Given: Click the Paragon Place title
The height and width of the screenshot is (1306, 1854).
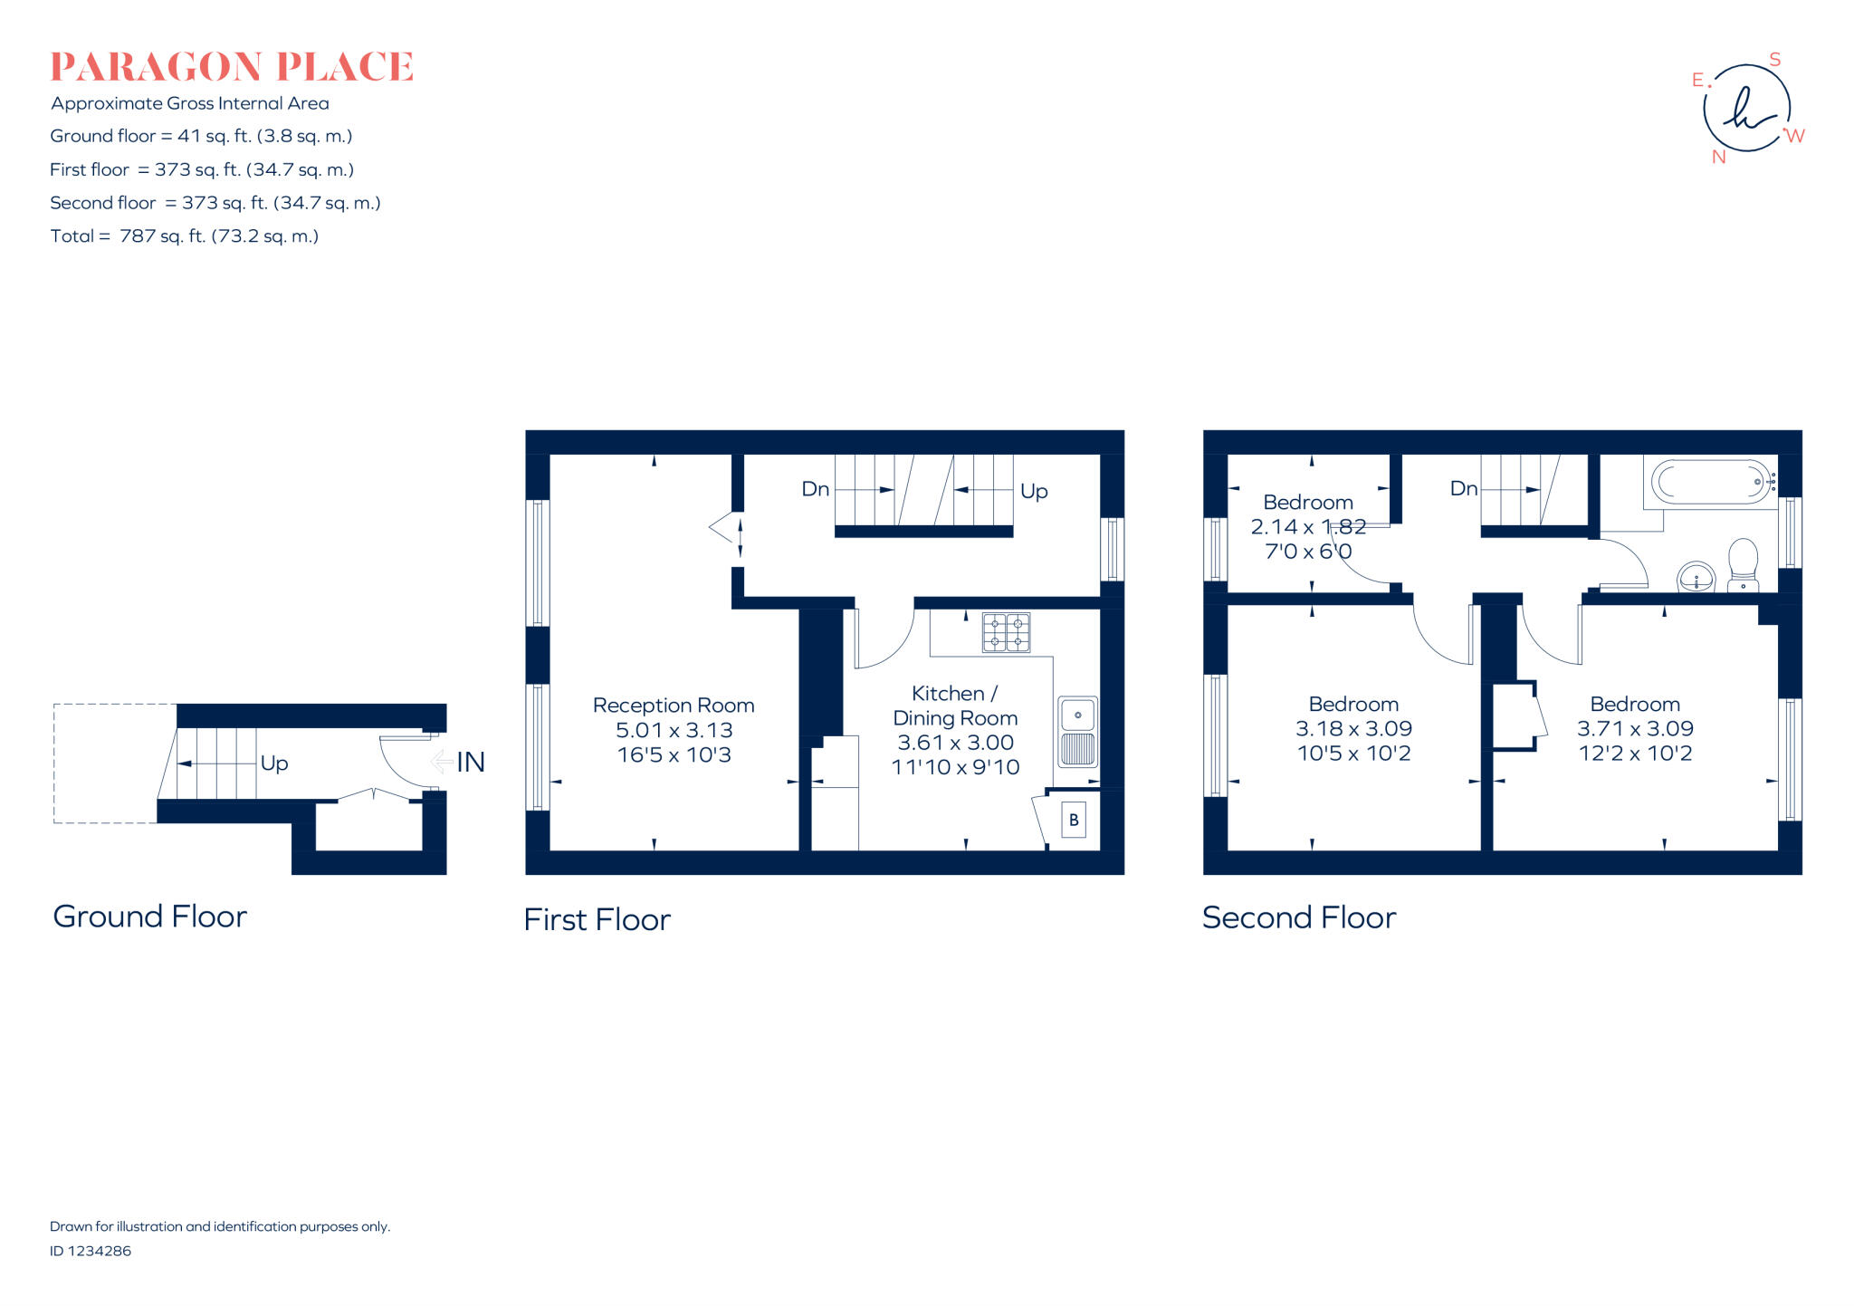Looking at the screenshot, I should click(232, 67).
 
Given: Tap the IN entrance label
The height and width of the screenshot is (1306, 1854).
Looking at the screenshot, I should click(470, 763).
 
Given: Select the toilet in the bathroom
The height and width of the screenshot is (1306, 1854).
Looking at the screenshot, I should click(1743, 563).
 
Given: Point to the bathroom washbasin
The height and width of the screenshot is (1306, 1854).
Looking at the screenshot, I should click(1696, 577).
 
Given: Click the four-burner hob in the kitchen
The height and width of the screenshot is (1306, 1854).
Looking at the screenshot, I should click(1006, 632).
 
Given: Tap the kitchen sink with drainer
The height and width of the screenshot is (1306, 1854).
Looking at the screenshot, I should click(1077, 732).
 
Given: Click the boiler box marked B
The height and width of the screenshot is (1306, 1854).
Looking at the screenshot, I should click(1074, 821).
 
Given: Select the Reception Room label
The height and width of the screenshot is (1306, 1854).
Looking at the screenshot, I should click(674, 706).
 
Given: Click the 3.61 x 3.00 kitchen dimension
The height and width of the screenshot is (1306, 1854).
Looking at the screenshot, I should click(955, 743).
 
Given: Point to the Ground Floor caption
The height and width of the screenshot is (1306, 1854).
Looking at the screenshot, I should click(150, 917).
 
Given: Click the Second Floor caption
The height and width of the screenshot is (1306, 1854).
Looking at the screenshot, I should click(1298, 918).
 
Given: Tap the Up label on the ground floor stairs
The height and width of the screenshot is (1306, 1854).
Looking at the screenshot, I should click(274, 763).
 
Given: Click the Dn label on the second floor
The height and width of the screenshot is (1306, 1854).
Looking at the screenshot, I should click(1463, 489).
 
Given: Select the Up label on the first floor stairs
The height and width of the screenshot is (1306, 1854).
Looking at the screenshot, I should click(1034, 491).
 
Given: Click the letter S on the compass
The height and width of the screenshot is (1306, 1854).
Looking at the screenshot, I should click(1774, 60).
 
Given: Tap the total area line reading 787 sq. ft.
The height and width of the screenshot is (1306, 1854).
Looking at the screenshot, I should click(185, 236).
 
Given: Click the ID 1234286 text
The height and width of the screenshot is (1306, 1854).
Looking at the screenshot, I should click(91, 1251).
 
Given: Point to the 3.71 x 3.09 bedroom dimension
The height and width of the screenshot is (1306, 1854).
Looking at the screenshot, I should click(1635, 729).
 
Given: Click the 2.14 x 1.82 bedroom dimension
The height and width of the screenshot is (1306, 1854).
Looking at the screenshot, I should click(1308, 527).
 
